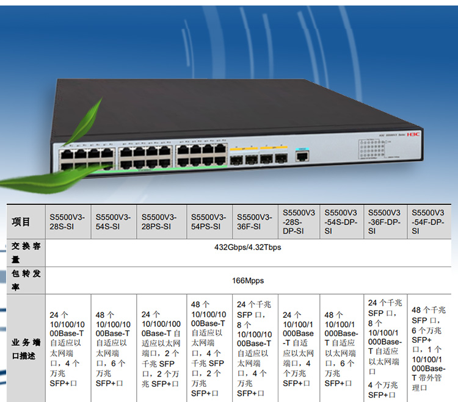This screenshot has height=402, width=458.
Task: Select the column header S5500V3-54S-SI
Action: [x=113, y=221]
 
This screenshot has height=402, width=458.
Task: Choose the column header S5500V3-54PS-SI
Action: [x=208, y=221]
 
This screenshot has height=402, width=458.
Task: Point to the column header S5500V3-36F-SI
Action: [x=253, y=221]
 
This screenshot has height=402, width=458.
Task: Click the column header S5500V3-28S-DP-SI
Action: [x=299, y=221]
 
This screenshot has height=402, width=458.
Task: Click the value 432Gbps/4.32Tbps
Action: [x=247, y=248]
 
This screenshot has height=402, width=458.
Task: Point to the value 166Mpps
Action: [x=247, y=282]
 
